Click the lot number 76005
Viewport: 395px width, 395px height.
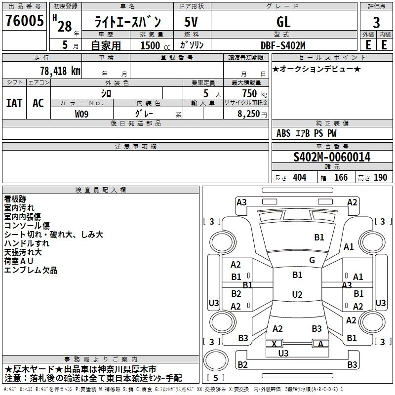pos(24,21)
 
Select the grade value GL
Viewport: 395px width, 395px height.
pos(283,22)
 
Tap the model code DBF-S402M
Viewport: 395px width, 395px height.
pos(283,45)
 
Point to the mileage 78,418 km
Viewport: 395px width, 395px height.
pos(60,71)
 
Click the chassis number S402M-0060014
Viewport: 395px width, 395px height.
pos(332,157)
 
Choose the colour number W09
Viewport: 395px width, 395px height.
pos(81,114)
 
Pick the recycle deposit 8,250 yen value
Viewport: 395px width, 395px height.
pos(252,114)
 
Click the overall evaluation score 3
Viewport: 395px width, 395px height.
pos(376,23)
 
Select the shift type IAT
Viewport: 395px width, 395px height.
pos(14,103)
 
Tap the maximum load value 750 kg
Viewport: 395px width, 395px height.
pos(254,93)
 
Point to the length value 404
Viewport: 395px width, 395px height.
pos(299,177)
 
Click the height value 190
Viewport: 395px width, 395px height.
pos(380,177)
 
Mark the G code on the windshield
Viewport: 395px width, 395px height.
pos(312,260)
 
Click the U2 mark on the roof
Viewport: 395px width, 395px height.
pos(297,294)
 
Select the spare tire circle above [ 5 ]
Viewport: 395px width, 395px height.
pos(216,360)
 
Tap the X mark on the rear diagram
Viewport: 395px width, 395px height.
pos(274,344)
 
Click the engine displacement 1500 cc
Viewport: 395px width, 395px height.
pos(155,45)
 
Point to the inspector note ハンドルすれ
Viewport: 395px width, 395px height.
pos(27,243)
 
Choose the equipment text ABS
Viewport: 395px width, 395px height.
pos(283,133)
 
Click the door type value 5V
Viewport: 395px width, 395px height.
pos(191,22)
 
